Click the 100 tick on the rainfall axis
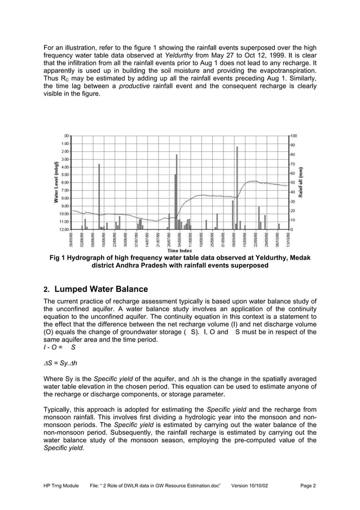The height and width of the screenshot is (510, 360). pos(293,136)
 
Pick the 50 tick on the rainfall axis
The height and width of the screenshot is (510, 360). pos(292,183)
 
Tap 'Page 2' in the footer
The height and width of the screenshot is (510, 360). pos(308,485)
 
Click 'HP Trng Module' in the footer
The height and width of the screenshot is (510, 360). pos(63,485)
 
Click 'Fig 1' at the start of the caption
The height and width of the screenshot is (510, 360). pos(58,259)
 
